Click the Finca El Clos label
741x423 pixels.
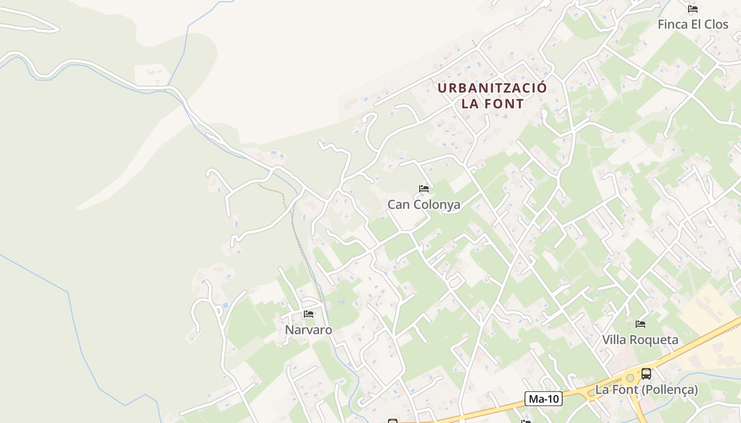click(x=693, y=24)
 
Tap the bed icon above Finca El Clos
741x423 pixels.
click(x=693, y=9)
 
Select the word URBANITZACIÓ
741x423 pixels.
click(x=492, y=88)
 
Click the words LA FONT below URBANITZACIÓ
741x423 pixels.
click(x=492, y=104)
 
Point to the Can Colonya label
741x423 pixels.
click(x=423, y=205)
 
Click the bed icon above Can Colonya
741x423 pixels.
click(x=423, y=189)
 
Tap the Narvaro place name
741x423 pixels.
click(x=309, y=330)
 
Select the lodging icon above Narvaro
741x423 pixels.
click(x=309, y=314)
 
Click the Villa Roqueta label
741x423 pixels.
click(x=640, y=340)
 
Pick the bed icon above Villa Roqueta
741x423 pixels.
click(x=640, y=324)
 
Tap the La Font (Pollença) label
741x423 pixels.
click(x=646, y=390)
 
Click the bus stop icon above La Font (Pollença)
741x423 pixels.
click(x=646, y=374)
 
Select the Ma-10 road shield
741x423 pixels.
click(x=544, y=399)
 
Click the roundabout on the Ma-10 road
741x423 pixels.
click(x=630, y=378)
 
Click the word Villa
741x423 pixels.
click(x=614, y=340)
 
